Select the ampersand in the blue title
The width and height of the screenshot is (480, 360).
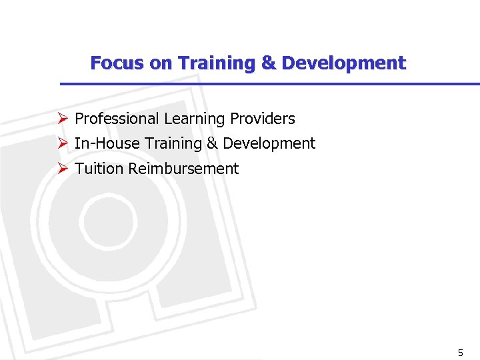coord(268,63)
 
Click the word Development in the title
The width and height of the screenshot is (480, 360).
coord(343,63)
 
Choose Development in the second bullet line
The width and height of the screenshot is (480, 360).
coord(269,144)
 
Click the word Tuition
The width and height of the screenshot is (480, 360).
coord(99,169)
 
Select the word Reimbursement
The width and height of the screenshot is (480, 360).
coord(183,169)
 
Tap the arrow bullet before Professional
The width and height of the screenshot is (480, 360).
coord(63,119)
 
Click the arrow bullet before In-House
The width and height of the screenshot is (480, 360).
coord(63,143)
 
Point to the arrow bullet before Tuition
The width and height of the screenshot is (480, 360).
coord(63,169)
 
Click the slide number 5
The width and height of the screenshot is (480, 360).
coord(460,352)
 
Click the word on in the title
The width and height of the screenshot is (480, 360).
coord(161,63)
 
